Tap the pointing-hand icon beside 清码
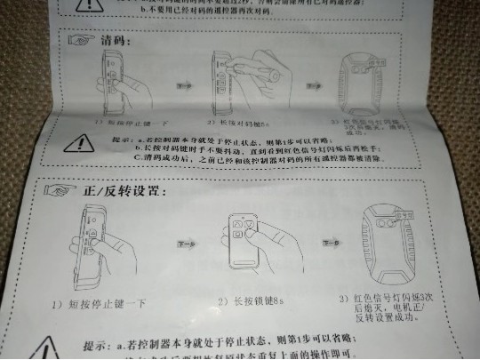(83, 40)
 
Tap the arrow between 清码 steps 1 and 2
(183, 86)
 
